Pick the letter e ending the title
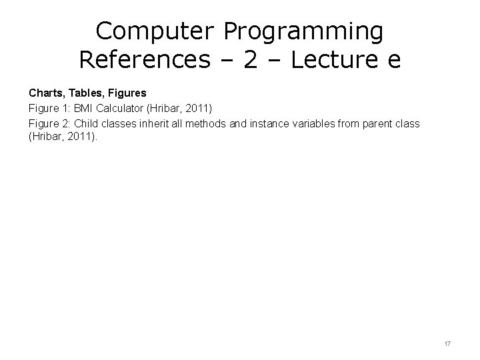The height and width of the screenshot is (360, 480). click(x=393, y=61)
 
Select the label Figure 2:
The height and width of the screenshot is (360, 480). click(x=49, y=123)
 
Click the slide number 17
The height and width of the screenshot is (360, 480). click(x=447, y=343)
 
